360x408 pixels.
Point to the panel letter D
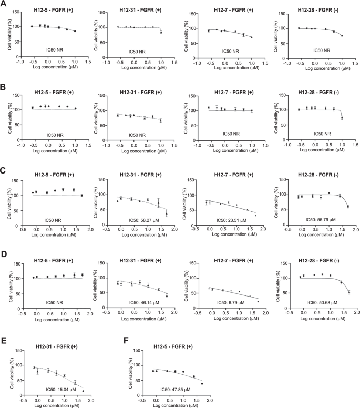[5, 251]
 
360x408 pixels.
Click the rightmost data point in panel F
[202, 384]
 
